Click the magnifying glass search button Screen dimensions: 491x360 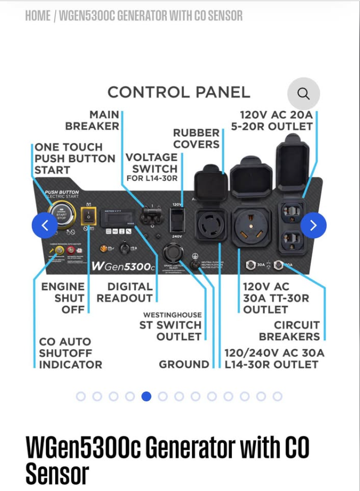click(303, 94)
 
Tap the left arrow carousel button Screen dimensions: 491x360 click(45, 225)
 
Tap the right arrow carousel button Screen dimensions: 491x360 click(313, 225)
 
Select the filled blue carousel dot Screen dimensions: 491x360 click(146, 396)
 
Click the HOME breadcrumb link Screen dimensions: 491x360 click(38, 15)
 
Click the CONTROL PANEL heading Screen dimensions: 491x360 click(178, 93)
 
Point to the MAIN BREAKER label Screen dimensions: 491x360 click(93, 120)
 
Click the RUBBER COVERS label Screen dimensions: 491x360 click(196, 138)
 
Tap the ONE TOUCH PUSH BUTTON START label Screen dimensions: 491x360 click(75, 158)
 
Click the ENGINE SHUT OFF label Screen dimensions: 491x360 click(63, 298)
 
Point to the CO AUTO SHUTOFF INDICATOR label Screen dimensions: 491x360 click(71, 353)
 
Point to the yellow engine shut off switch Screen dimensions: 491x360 click(88, 217)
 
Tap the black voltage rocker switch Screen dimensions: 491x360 click(177, 221)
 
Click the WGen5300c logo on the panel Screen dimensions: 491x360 click(123, 266)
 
